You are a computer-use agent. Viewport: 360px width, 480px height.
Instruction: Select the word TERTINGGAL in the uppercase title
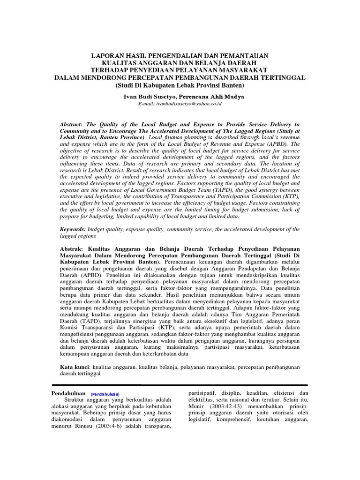point(279,77)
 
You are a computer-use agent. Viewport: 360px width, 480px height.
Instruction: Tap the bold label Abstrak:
point(74,248)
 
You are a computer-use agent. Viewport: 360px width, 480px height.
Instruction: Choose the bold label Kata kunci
point(75,366)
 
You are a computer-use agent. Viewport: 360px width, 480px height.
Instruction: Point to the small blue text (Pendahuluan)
point(105,394)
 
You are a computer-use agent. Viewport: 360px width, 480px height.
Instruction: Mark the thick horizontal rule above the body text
point(180,385)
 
